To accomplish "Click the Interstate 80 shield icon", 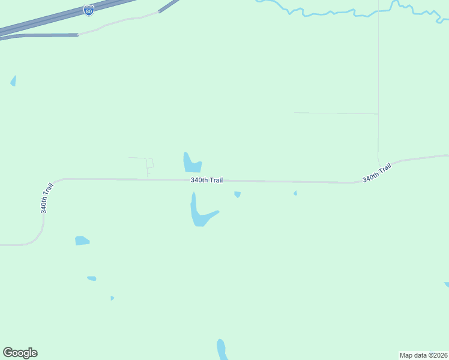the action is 89,11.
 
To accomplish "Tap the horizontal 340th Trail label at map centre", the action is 206,180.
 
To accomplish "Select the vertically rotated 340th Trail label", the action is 46,197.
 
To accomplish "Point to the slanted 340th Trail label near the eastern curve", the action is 377,173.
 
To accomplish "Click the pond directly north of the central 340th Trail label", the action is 191,163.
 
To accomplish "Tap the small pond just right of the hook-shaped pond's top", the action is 238,194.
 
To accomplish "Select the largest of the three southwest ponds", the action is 82,241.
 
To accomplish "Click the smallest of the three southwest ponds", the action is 112,298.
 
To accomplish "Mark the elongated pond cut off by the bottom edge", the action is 221,350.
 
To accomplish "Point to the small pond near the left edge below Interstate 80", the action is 13,81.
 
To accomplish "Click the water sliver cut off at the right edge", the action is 446,284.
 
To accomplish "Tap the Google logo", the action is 20,353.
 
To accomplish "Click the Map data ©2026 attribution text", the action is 424,355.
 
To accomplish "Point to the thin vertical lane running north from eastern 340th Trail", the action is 378,72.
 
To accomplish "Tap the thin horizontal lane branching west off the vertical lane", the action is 336,113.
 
